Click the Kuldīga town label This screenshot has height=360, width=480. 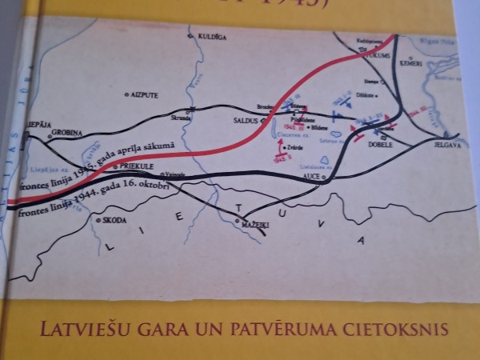206,37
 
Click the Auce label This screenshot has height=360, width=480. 314,173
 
